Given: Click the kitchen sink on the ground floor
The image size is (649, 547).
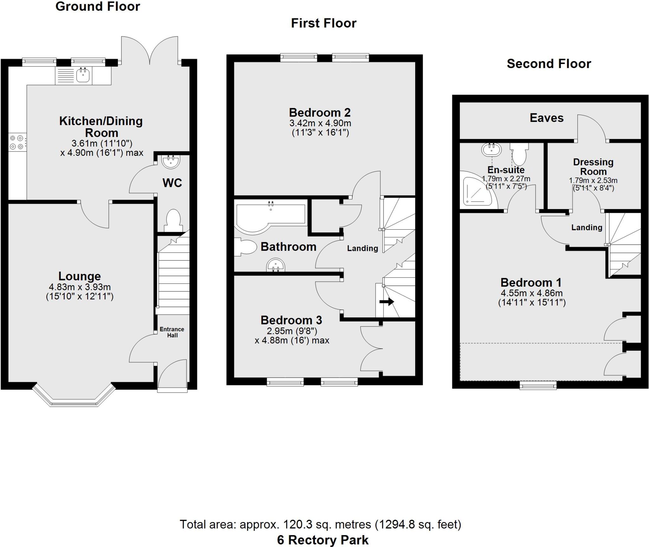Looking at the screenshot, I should (x=83, y=76).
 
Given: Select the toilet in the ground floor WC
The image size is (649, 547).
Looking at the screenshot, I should (x=173, y=220).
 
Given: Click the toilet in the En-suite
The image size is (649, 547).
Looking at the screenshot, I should (x=519, y=153).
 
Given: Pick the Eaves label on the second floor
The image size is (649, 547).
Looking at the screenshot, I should (x=547, y=118).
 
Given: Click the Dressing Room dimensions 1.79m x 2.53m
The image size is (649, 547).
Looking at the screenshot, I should (x=593, y=181).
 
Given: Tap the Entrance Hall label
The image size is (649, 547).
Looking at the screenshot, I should (x=172, y=332).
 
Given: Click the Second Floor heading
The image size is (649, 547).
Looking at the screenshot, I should (x=549, y=64).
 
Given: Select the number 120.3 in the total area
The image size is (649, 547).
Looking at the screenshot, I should (x=295, y=524).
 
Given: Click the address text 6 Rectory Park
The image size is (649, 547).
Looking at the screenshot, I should (x=323, y=540).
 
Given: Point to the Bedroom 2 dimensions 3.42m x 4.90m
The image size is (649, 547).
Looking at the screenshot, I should (x=320, y=123).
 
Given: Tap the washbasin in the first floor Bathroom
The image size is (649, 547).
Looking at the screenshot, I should (x=275, y=265).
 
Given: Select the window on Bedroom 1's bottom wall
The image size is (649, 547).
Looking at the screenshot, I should (x=538, y=385).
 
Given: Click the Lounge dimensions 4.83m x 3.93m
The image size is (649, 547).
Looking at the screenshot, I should (x=80, y=287).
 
